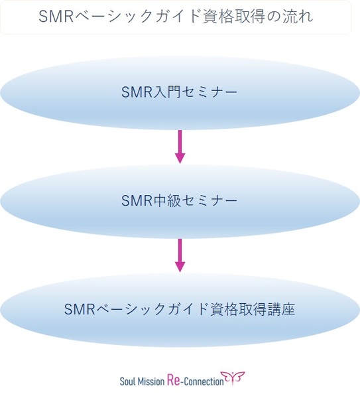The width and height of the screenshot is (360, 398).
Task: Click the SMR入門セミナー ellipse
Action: coord(180,93)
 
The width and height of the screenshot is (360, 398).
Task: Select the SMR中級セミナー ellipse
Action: coord(180,201)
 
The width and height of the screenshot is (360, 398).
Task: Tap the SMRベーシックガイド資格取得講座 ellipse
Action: coord(180,310)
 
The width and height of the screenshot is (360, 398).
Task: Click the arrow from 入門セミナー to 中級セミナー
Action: coord(180,147)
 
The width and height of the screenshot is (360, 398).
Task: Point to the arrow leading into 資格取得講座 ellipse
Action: coord(180,255)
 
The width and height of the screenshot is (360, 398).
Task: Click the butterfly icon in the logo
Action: coord(233,378)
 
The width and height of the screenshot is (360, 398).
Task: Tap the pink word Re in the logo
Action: coord(174,381)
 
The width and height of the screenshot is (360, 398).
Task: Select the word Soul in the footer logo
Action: coord(127,381)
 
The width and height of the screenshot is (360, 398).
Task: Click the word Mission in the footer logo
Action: coord(151,381)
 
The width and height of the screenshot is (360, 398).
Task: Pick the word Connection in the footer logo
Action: coord(204,381)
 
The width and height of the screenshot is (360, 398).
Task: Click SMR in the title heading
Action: coord(56,16)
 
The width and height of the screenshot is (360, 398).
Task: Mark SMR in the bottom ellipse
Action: coord(80,309)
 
